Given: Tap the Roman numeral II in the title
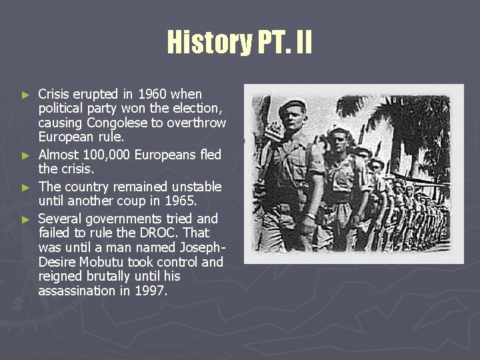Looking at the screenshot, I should (x=301, y=42).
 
